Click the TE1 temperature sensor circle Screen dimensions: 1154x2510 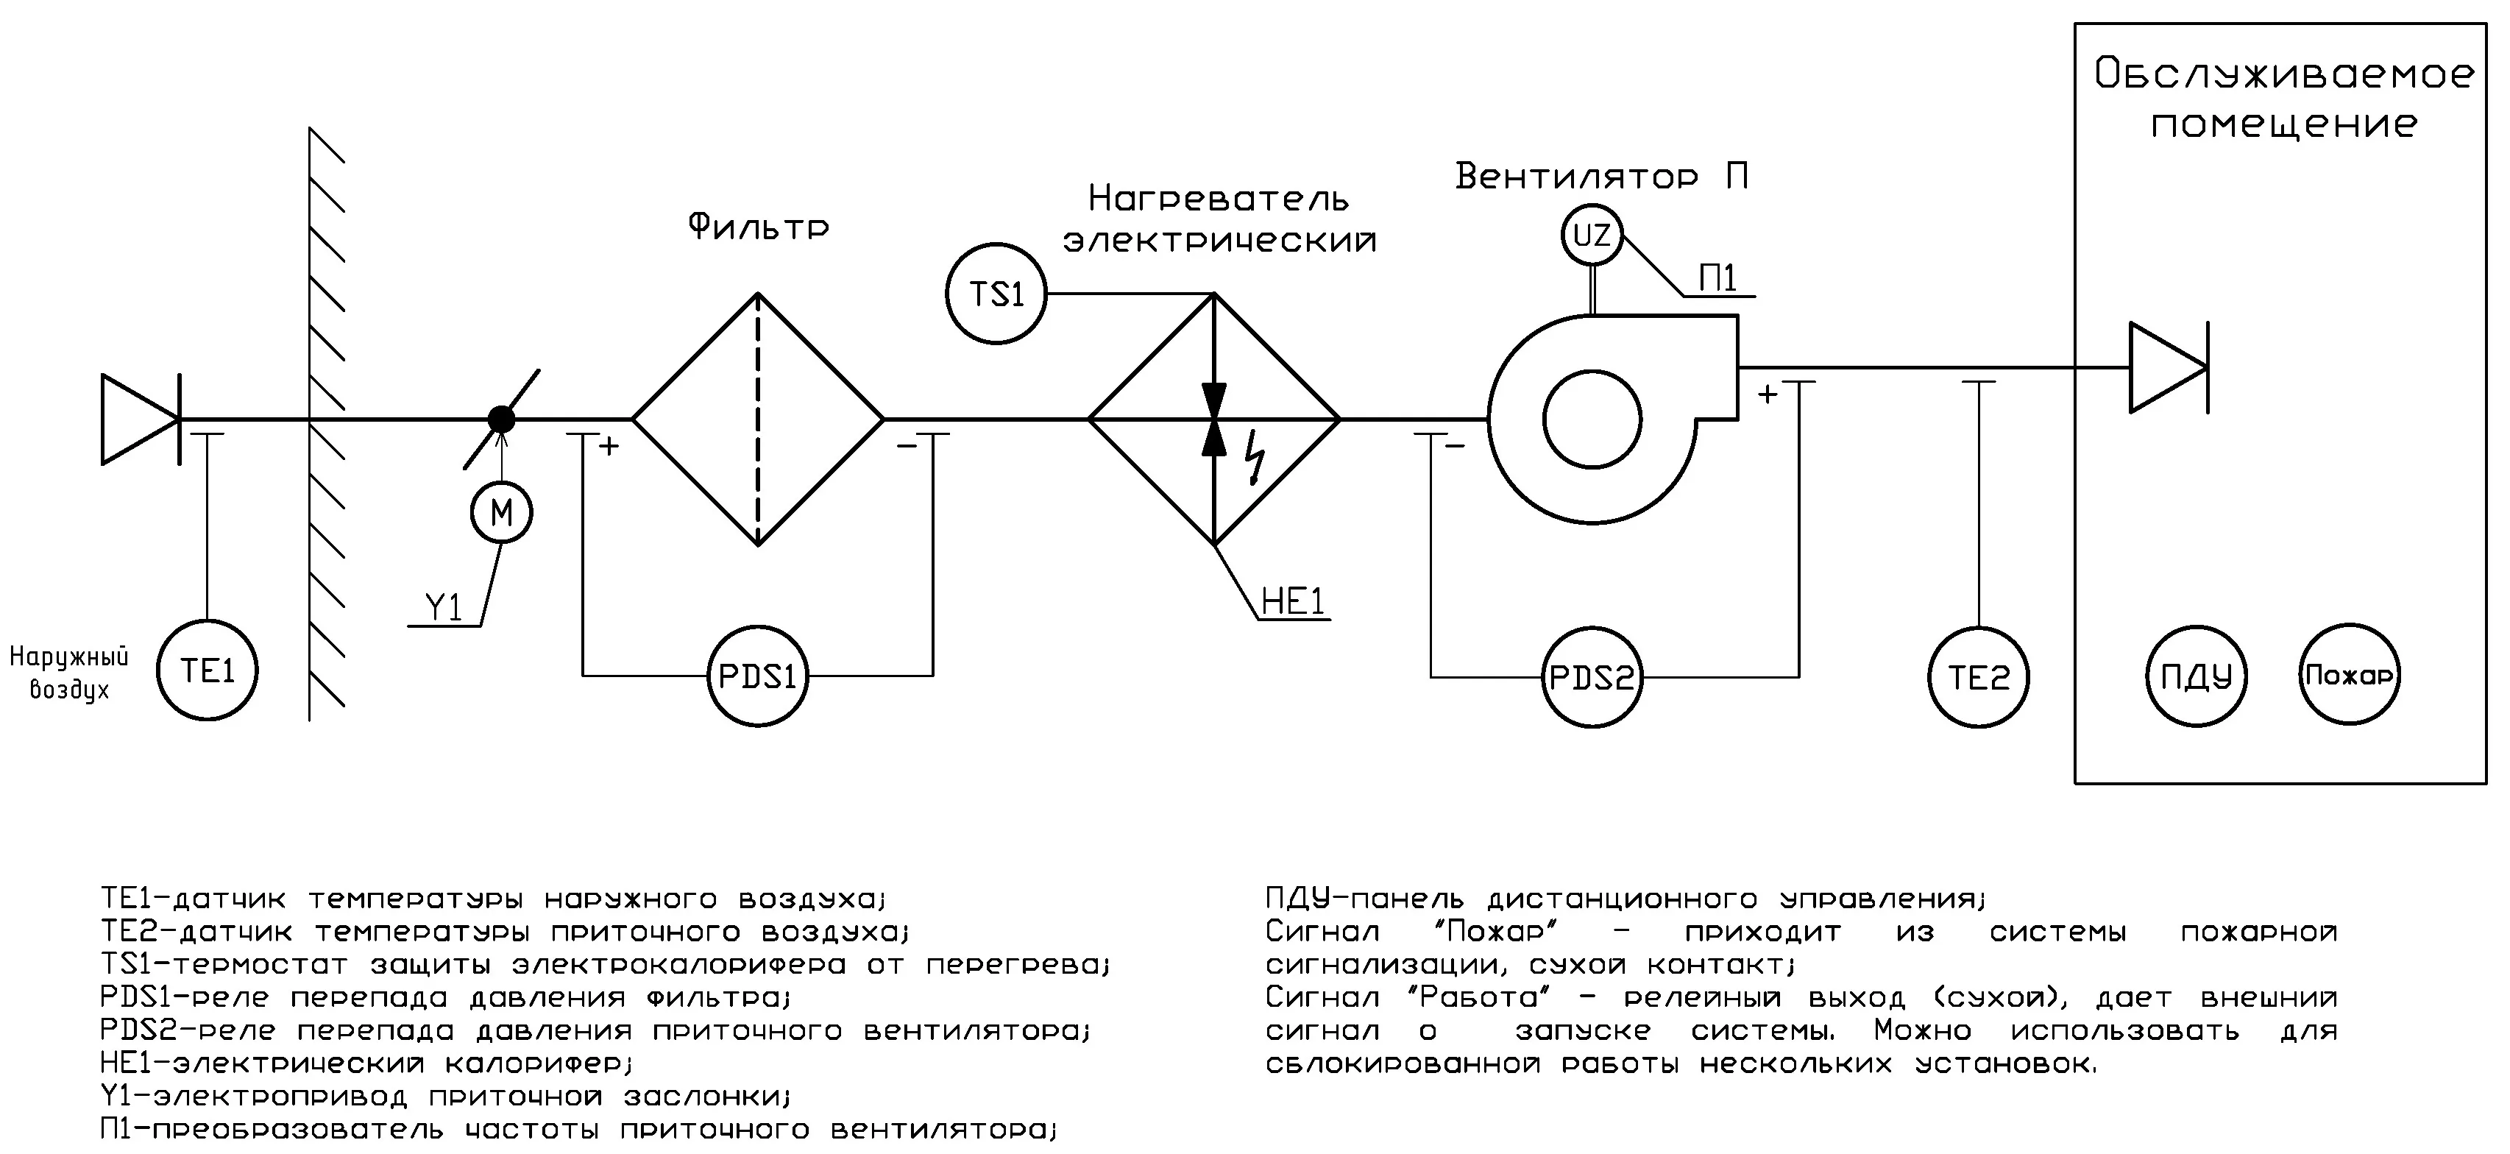208,670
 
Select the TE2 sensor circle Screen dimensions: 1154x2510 1978,676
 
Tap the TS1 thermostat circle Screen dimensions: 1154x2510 996,294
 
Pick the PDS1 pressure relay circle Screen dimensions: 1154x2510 757,676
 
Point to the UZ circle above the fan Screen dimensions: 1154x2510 1592,235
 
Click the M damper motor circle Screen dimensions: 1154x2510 501,513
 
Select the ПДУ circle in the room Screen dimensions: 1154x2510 2197,676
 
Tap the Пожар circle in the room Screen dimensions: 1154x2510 2350,674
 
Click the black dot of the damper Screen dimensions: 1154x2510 501,419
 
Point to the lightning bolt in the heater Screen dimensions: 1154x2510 1257,458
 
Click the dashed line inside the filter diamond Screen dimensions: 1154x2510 758,419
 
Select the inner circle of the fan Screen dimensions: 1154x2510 1593,419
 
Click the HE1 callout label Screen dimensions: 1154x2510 1293,602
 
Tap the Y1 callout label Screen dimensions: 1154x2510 444,608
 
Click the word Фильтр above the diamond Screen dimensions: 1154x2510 758,227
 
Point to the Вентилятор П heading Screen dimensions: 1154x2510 1601,177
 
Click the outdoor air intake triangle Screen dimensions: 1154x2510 136,419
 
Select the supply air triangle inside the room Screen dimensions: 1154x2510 2165,367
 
